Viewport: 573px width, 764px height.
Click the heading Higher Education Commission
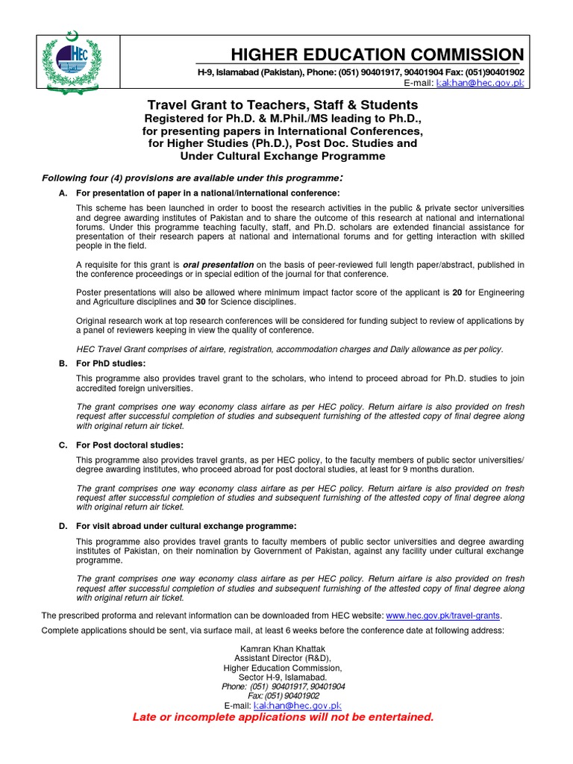pos(377,54)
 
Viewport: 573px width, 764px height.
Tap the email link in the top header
pos(480,84)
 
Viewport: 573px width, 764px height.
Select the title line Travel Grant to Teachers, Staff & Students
pos(282,105)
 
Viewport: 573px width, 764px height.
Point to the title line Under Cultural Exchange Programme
pos(282,156)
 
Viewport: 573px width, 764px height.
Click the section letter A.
pos(63,193)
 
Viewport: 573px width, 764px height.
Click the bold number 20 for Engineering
pos(458,292)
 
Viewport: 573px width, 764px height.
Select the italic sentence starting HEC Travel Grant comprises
pos(289,349)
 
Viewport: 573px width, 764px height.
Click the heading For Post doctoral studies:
pos(130,445)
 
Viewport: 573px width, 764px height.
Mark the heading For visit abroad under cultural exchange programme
pos(186,526)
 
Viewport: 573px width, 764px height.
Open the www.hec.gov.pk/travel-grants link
pos(443,615)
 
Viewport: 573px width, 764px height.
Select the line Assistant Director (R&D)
pos(283,659)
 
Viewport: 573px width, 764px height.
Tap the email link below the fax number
pos(297,705)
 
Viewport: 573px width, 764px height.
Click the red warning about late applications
pos(283,717)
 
